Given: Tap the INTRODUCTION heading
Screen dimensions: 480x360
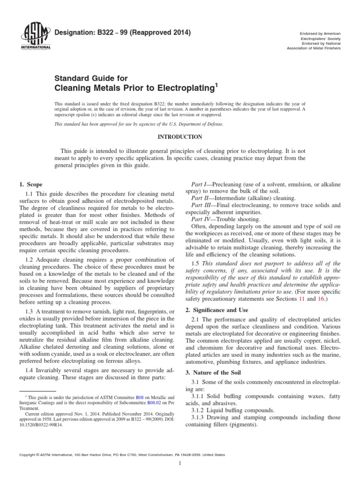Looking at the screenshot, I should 180,137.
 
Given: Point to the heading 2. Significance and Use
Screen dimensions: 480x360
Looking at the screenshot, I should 217,310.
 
